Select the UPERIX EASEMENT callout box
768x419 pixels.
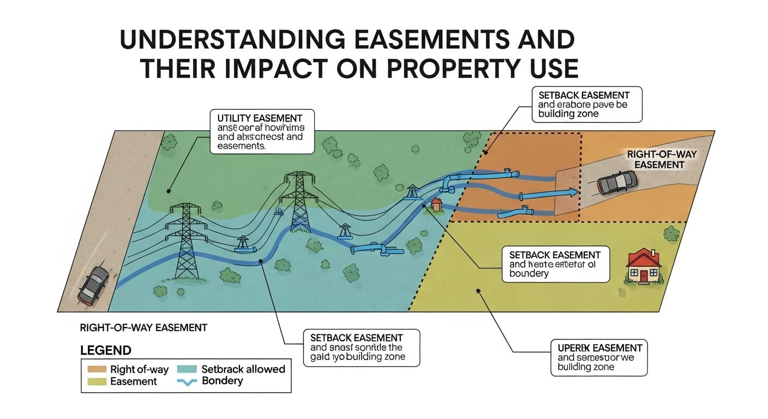[598, 357]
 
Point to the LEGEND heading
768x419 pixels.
[105, 350]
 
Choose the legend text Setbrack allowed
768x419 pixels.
[243, 369]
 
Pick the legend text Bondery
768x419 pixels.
[222, 381]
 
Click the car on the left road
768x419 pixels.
[93, 284]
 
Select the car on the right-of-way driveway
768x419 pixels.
[617, 182]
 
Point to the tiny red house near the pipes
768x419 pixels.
[436, 205]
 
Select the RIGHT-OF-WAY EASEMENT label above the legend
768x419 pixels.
[143, 328]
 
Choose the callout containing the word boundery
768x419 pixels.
[555, 264]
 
